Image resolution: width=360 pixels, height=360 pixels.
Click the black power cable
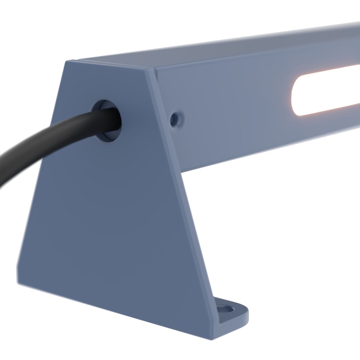tap(45, 141)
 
